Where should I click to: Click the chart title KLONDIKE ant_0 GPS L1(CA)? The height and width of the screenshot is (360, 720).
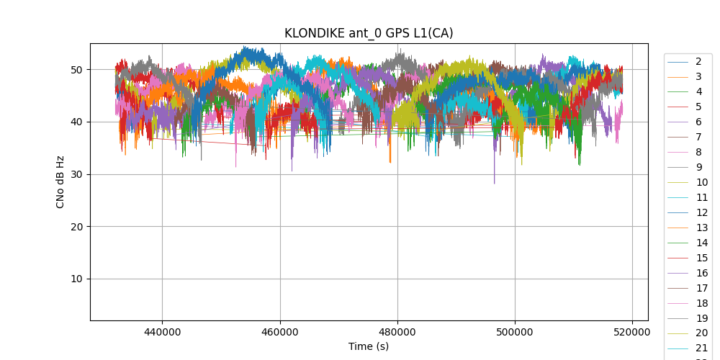[369, 33]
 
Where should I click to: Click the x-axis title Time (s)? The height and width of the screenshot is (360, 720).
[369, 346]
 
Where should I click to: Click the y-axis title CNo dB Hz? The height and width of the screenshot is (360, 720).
[60, 181]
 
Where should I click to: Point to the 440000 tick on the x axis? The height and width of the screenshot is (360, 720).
[162, 333]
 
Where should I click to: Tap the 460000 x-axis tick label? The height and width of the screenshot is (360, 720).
[280, 333]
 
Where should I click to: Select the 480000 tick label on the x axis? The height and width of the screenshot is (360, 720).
[397, 333]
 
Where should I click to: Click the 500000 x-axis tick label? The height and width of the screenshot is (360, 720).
[515, 333]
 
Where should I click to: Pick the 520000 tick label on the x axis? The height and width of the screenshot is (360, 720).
[633, 333]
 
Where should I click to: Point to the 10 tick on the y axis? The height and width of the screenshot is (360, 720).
[76, 279]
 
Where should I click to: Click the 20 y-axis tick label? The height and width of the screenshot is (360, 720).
[76, 227]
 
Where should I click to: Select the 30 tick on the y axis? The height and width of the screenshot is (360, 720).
[76, 174]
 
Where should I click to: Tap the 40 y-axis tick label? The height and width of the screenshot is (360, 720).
[76, 122]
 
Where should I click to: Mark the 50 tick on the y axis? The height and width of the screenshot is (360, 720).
[76, 70]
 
